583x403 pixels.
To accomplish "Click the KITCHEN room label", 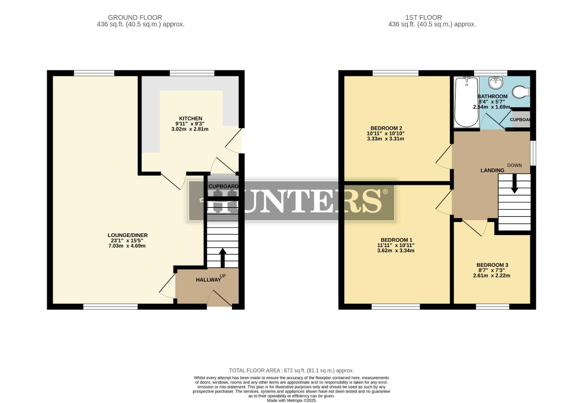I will (x=190, y=119).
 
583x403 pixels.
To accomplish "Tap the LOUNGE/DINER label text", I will (x=127, y=235).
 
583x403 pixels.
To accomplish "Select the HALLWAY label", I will (x=208, y=280).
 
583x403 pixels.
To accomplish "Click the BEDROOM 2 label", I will (x=386, y=128).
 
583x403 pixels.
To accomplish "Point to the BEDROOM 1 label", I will (x=396, y=240).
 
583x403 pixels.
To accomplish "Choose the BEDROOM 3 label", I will (x=492, y=265).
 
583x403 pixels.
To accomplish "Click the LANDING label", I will (x=492, y=170).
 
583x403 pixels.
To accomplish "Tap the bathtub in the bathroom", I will (x=466, y=101).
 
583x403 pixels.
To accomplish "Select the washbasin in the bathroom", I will (x=496, y=83).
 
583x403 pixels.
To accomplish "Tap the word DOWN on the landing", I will (x=514, y=165).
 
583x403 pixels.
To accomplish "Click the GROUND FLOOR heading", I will (x=135, y=18).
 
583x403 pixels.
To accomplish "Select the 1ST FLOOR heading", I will (x=423, y=18).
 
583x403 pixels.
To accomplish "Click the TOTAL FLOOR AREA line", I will (x=291, y=371).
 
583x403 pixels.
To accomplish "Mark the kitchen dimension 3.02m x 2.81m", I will (x=190, y=129).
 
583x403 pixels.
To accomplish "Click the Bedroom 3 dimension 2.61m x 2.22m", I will (x=491, y=276).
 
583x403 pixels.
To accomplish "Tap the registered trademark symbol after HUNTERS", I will (x=385, y=192).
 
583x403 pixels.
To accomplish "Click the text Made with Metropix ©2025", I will (x=291, y=400).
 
